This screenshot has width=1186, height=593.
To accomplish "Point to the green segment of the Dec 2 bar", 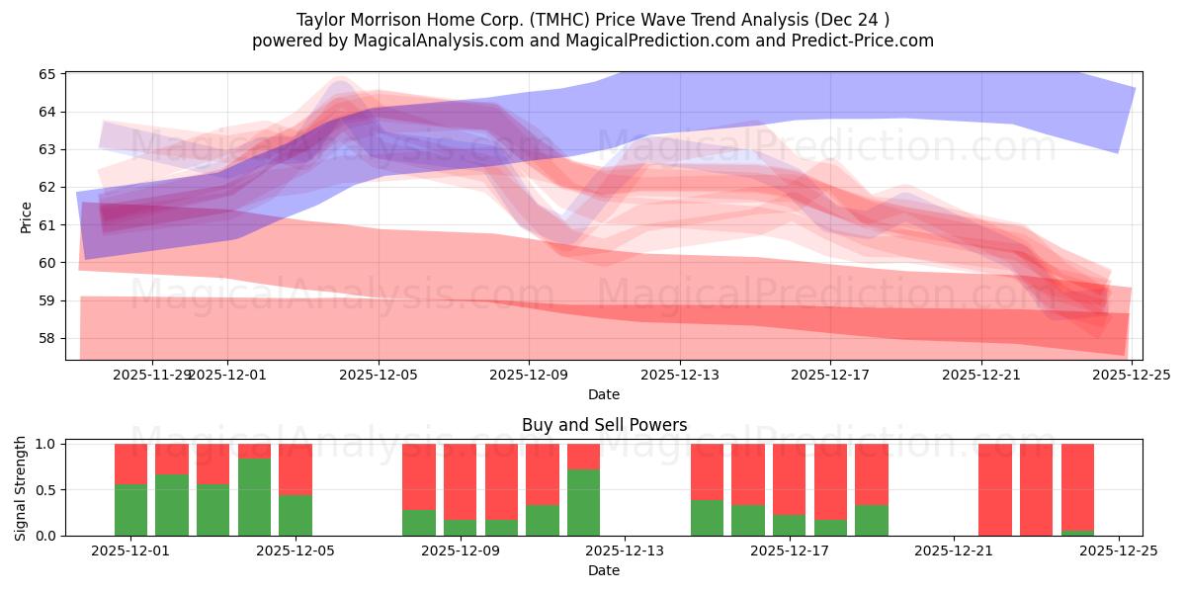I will [x=172, y=505].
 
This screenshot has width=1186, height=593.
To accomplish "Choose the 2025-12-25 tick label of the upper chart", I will [x=1132, y=375].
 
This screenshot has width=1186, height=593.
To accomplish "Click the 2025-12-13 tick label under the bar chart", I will [x=625, y=551].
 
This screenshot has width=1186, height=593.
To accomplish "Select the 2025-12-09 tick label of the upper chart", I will [x=529, y=375].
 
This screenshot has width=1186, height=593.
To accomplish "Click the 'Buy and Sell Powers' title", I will [x=604, y=425].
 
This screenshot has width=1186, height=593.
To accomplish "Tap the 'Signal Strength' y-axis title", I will [x=21, y=489].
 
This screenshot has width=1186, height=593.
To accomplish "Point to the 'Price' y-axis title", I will [x=26, y=217].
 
